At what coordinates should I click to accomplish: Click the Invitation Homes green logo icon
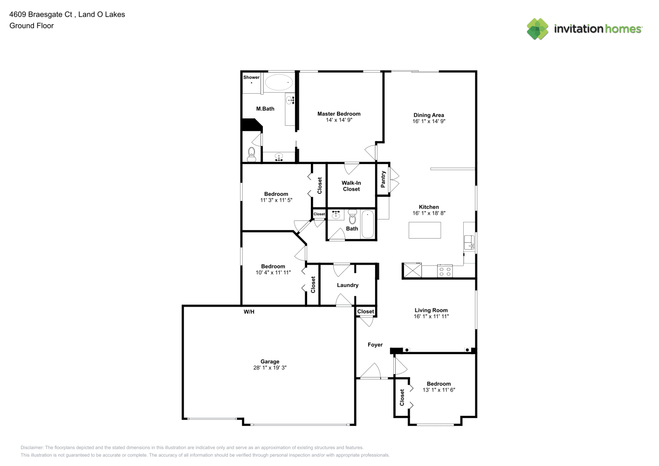click(537, 29)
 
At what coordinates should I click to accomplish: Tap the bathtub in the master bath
click(279, 82)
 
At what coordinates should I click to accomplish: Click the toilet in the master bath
click(252, 154)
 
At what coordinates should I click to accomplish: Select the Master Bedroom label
click(339, 114)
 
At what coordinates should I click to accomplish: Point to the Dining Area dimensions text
click(429, 121)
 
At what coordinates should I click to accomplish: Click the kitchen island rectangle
click(425, 230)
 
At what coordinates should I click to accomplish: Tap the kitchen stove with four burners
click(445, 271)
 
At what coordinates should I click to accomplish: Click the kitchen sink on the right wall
click(469, 243)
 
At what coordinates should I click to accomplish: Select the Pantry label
click(383, 179)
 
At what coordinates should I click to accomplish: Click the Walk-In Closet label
click(351, 186)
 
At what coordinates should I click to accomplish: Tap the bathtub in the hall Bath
click(368, 224)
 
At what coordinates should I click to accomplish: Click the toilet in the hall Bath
click(352, 217)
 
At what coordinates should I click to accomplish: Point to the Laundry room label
click(348, 285)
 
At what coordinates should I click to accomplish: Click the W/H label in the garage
click(249, 312)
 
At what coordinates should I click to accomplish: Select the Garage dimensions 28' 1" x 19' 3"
click(270, 368)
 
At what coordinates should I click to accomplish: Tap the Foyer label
click(375, 345)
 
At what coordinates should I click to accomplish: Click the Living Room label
click(431, 310)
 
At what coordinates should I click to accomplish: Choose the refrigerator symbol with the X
click(412, 270)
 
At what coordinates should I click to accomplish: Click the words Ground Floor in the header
click(32, 26)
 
